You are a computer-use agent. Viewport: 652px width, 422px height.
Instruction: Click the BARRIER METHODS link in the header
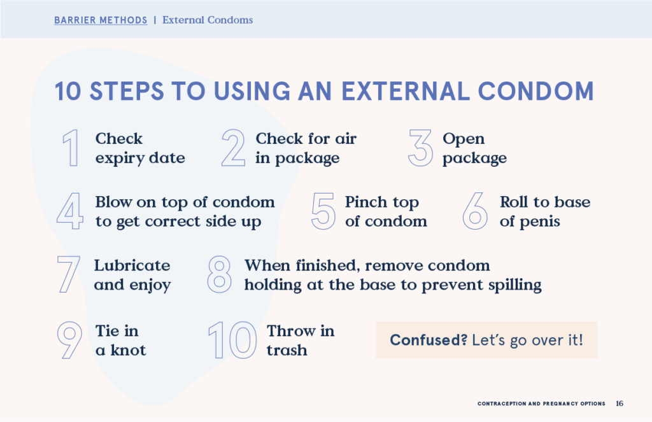point(101,20)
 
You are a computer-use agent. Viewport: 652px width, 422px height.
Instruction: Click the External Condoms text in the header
point(208,20)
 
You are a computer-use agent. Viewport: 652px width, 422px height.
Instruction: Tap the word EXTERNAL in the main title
point(406,91)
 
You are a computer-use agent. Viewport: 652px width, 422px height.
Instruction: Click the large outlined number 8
point(219,274)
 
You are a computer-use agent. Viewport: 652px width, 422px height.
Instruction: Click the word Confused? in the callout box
point(429,340)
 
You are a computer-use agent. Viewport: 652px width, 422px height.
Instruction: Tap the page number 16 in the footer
point(620,404)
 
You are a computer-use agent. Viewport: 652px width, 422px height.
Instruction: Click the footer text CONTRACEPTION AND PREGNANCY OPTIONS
point(541,404)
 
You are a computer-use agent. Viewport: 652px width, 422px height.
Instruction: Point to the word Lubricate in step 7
point(132,265)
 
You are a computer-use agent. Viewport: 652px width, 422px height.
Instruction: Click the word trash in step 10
point(287,350)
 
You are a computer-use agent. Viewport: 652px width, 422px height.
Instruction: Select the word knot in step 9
point(128,349)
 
